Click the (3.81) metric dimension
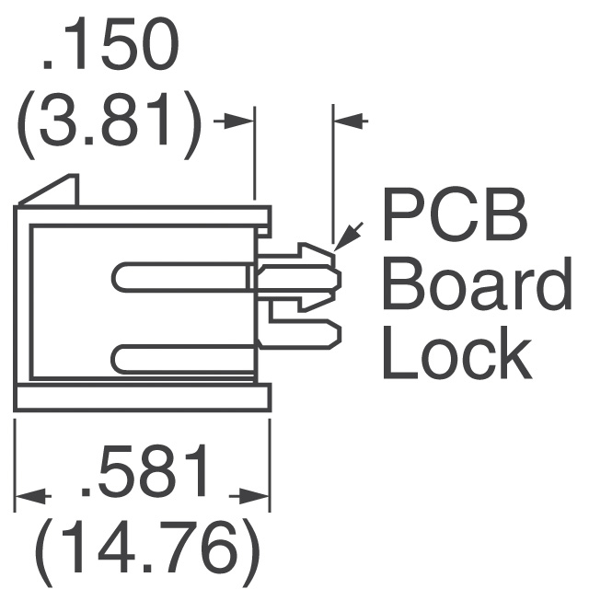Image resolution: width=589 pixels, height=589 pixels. point(109,125)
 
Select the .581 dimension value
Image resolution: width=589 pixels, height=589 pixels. point(144,470)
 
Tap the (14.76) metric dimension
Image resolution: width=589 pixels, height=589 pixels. point(147,550)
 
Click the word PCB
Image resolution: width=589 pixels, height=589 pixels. point(455,214)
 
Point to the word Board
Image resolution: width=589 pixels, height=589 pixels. point(477,283)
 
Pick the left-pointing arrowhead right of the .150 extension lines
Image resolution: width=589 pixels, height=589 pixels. point(348,121)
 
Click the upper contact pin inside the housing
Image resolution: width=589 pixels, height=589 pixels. point(181,277)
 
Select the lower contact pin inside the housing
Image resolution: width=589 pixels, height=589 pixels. point(183,359)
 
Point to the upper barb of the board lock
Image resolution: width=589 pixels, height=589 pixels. point(316,252)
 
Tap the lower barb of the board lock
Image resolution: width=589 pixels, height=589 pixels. point(316,302)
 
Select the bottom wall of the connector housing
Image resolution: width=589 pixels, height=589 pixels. point(143,397)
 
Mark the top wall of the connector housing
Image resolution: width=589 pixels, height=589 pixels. point(143,215)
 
